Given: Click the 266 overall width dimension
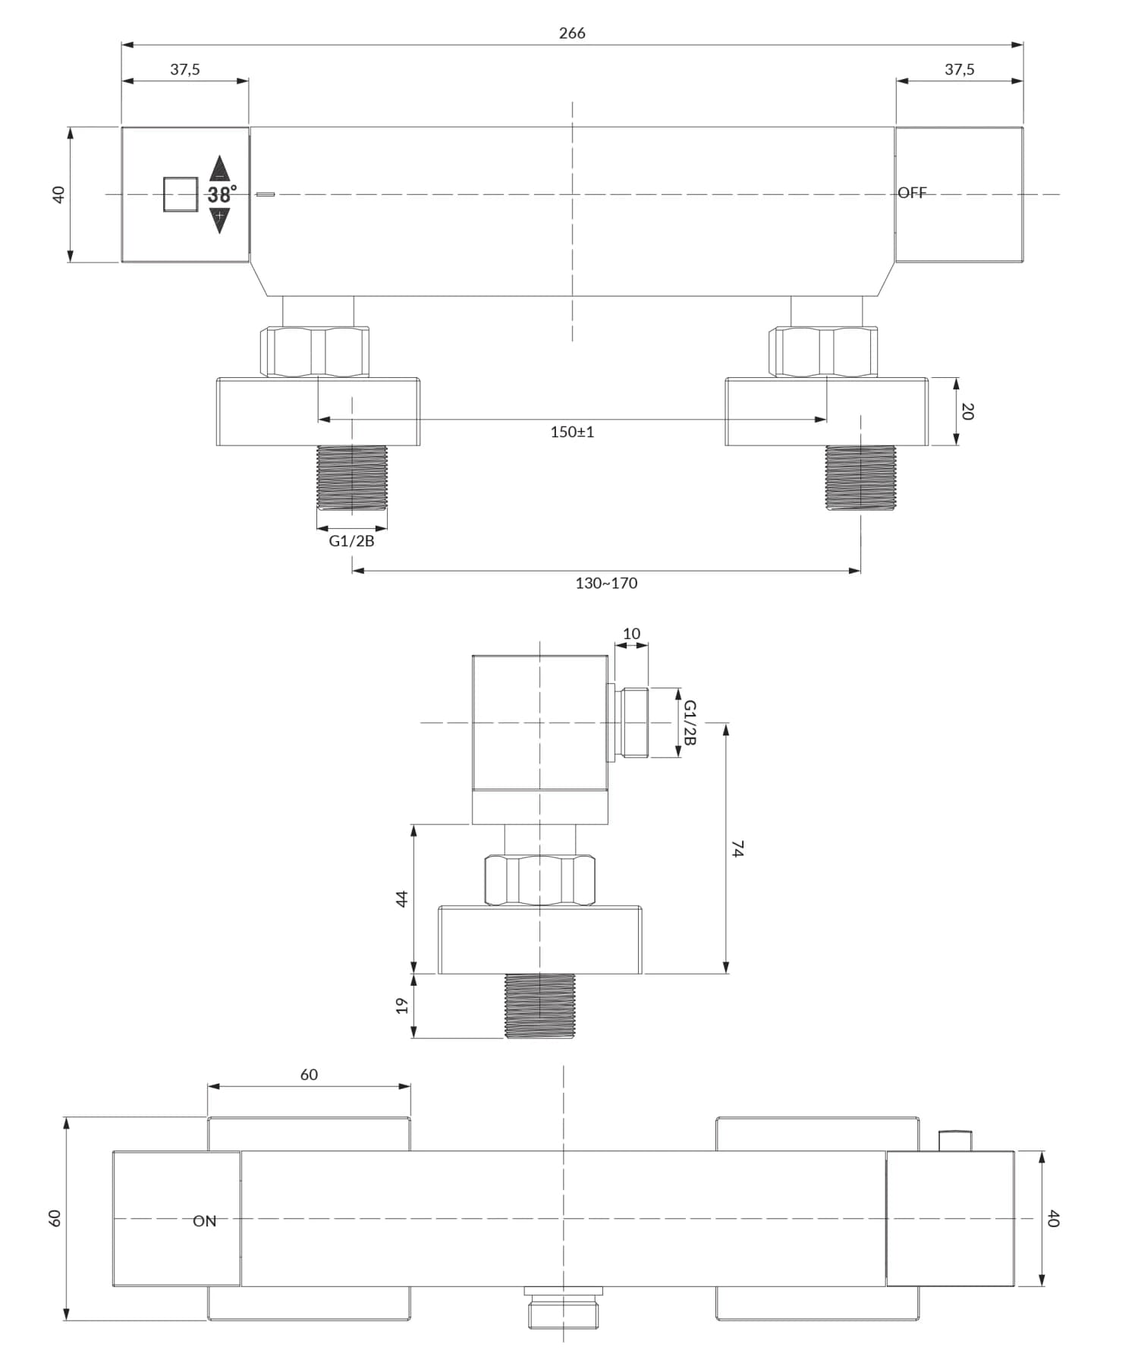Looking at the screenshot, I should (x=571, y=33).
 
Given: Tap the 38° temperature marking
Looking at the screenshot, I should (x=222, y=195).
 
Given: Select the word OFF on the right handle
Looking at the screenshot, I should (x=912, y=193).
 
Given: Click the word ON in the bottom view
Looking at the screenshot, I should (x=204, y=1221).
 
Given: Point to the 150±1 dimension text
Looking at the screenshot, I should (x=572, y=432).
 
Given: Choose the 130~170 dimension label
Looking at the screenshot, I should (x=605, y=583).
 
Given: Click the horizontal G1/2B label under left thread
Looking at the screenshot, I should (x=351, y=540).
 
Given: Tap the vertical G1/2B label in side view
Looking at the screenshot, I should (x=689, y=722).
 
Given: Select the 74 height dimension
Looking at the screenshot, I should (x=737, y=848).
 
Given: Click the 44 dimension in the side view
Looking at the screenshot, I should (x=402, y=899).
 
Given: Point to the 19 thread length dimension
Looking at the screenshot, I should (x=402, y=1006).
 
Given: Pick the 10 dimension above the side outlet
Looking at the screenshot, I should (x=631, y=634).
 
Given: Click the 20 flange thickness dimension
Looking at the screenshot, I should (x=967, y=411).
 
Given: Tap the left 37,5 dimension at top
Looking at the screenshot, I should (x=184, y=70).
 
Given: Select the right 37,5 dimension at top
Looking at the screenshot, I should (x=959, y=70).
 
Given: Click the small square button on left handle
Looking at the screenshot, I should (x=181, y=194).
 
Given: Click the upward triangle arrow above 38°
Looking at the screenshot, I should (x=219, y=168).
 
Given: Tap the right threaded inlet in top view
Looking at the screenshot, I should (x=860, y=477).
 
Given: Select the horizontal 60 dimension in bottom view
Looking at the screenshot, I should (x=309, y=1075).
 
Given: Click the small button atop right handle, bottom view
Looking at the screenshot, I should (x=954, y=1141).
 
